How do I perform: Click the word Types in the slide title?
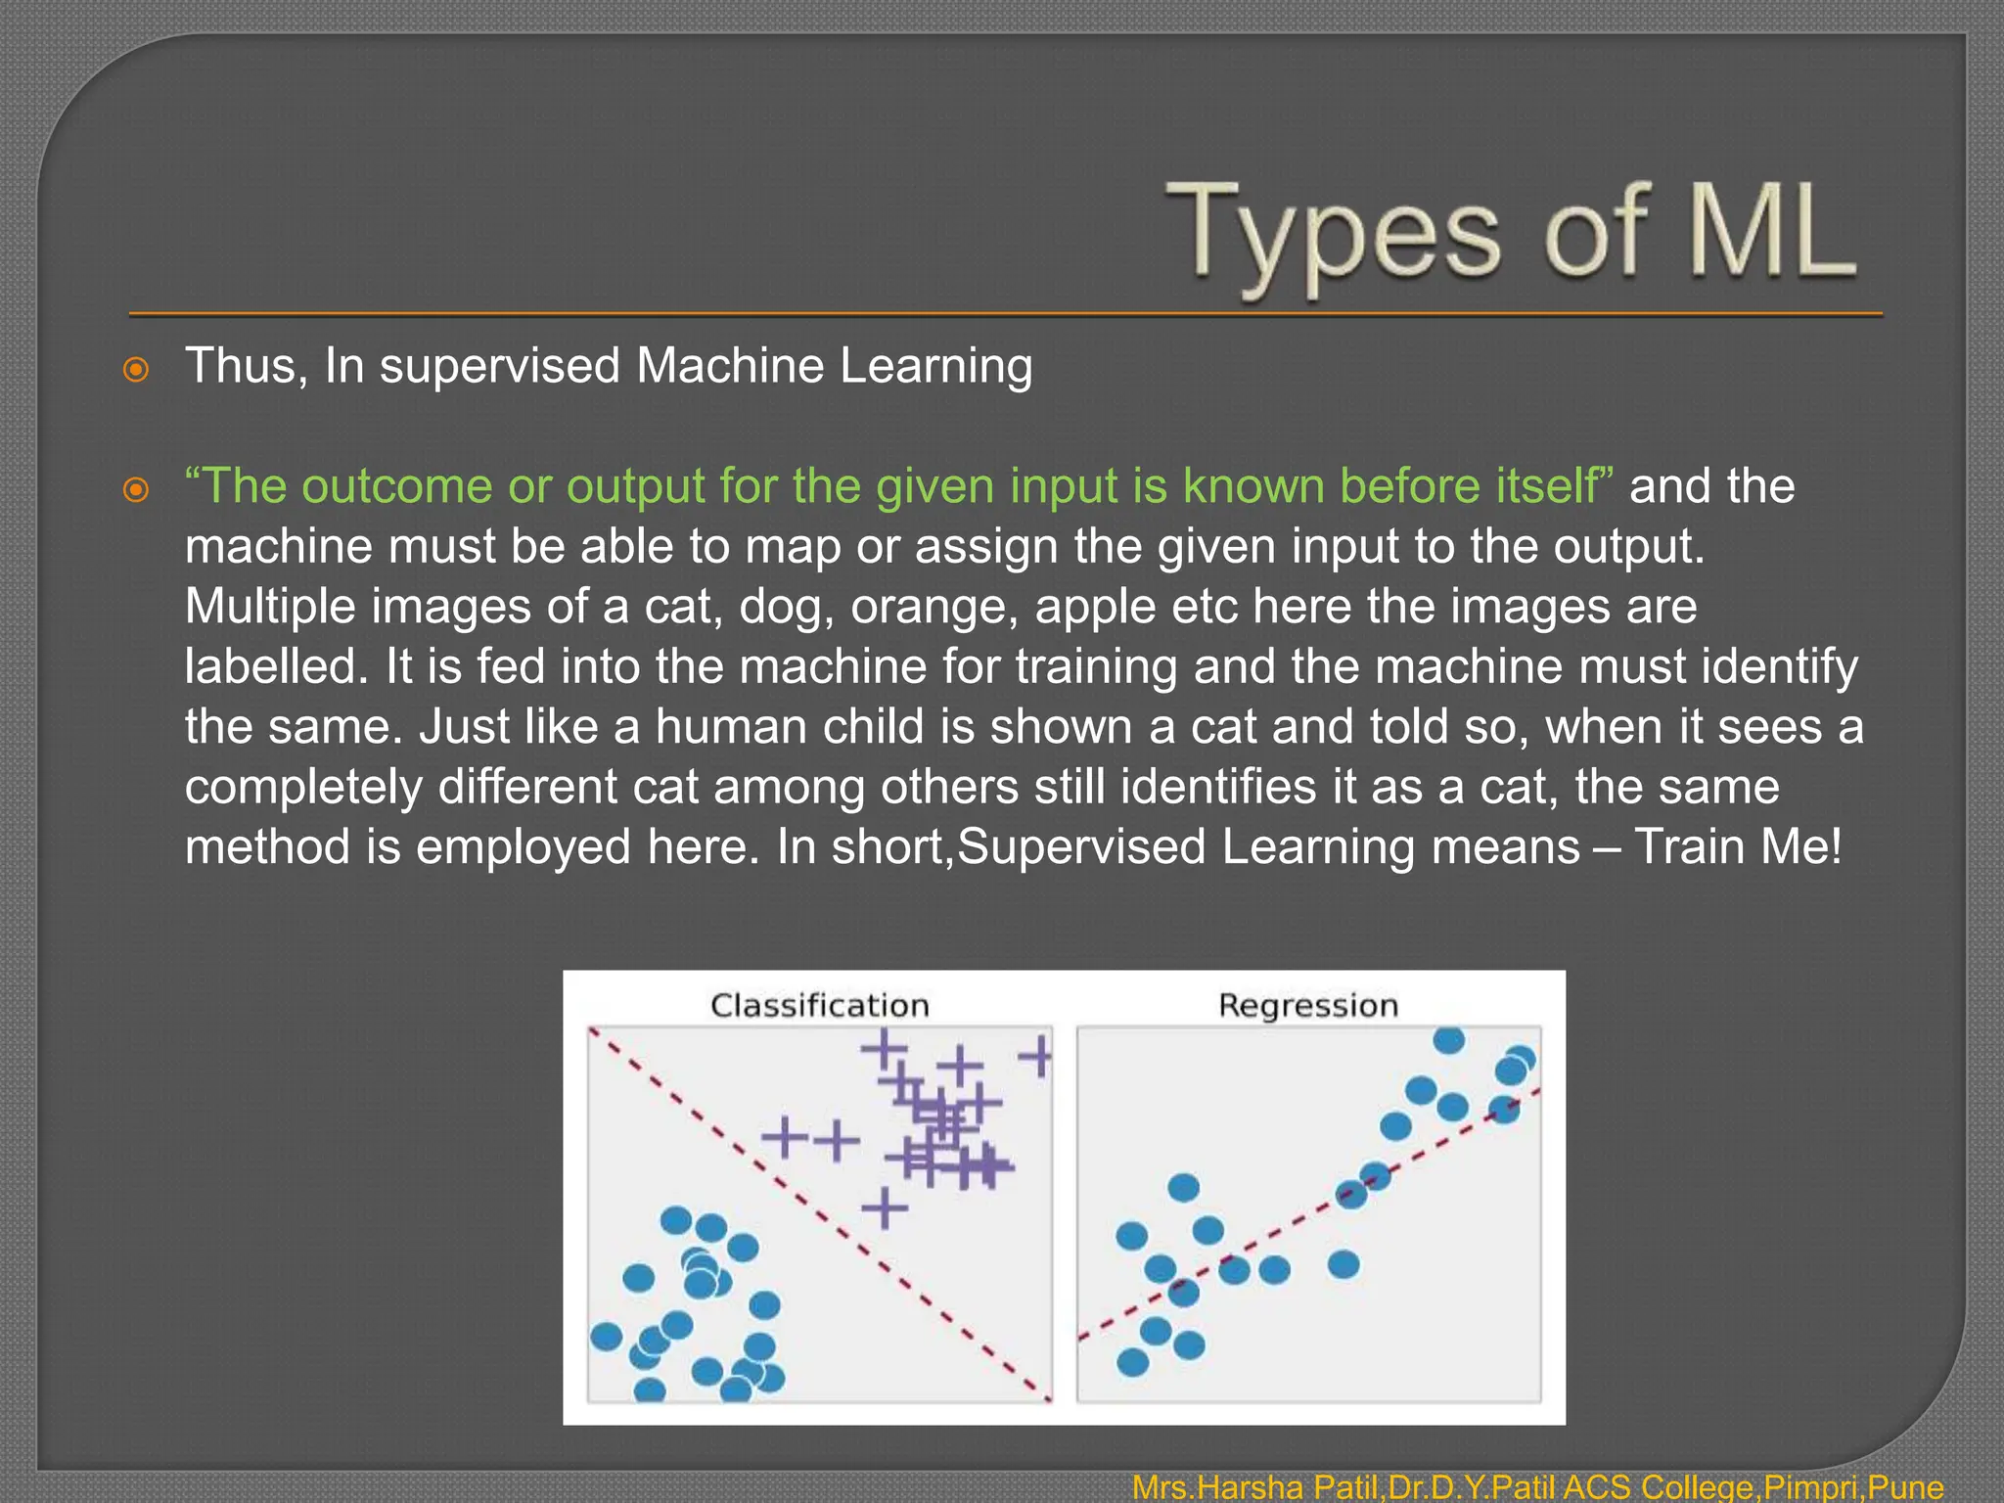1331,235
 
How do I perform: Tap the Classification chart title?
819,1005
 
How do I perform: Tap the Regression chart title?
1308,1005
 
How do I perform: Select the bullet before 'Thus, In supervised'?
136,370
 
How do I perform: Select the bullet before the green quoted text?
136,489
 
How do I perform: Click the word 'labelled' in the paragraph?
275,667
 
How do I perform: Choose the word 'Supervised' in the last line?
1081,847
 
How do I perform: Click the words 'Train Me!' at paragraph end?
1738,847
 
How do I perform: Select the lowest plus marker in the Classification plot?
885,1207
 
